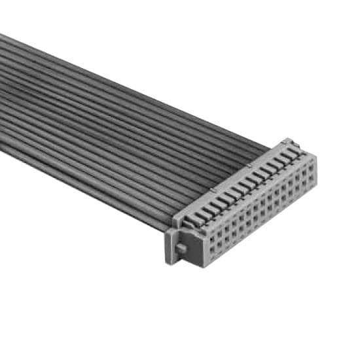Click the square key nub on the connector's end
click(181, 249)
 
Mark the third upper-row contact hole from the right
click(297, 176)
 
